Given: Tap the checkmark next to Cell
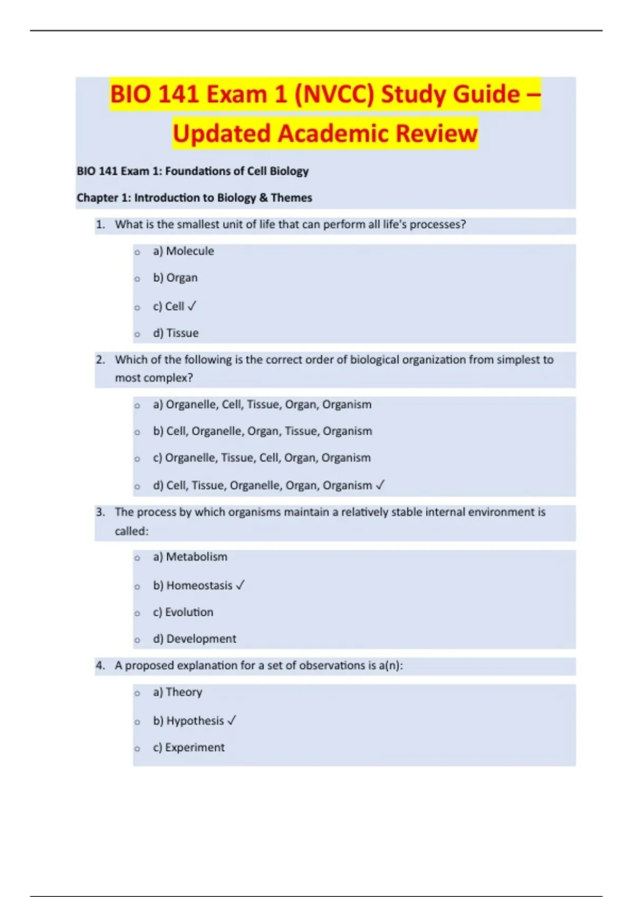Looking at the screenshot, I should point(191,306).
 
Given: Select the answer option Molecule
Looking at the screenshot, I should point(189,251).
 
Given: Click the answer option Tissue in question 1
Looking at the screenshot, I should point(182,333).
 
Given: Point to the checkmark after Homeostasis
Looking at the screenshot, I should point(240,585).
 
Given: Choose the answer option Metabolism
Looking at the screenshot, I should point(196,557).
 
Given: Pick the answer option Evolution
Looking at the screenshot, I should point(189,612).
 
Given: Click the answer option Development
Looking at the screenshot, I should point(201,638).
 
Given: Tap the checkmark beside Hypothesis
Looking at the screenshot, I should point(232,720).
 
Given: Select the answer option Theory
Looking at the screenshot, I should point(184,692).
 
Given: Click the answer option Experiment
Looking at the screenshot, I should point(194,747).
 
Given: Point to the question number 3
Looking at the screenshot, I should point(100,512).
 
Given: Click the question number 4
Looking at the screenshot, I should point(100,665).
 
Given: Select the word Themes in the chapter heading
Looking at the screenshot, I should point(291,198).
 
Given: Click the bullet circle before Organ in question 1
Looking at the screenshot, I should point(137,279).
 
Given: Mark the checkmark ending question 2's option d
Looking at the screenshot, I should point(380,485).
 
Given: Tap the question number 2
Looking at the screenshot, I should point(100,360).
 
